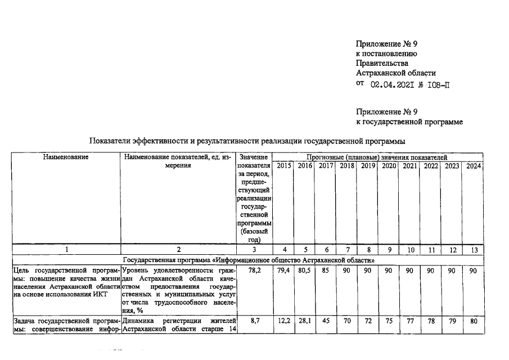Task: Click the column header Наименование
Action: coord(66,157)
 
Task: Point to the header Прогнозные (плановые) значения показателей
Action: coord(377,157)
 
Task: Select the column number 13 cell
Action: coord(473,249)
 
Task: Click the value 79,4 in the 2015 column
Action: coord(284,271)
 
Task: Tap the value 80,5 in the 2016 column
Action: coord(305,271)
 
